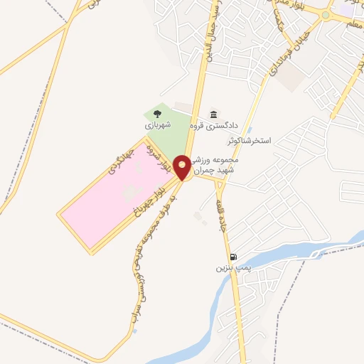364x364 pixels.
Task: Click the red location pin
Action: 183,167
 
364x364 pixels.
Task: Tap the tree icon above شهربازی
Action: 157,112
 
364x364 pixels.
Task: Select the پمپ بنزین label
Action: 234,269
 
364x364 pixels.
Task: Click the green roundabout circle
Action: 326,15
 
